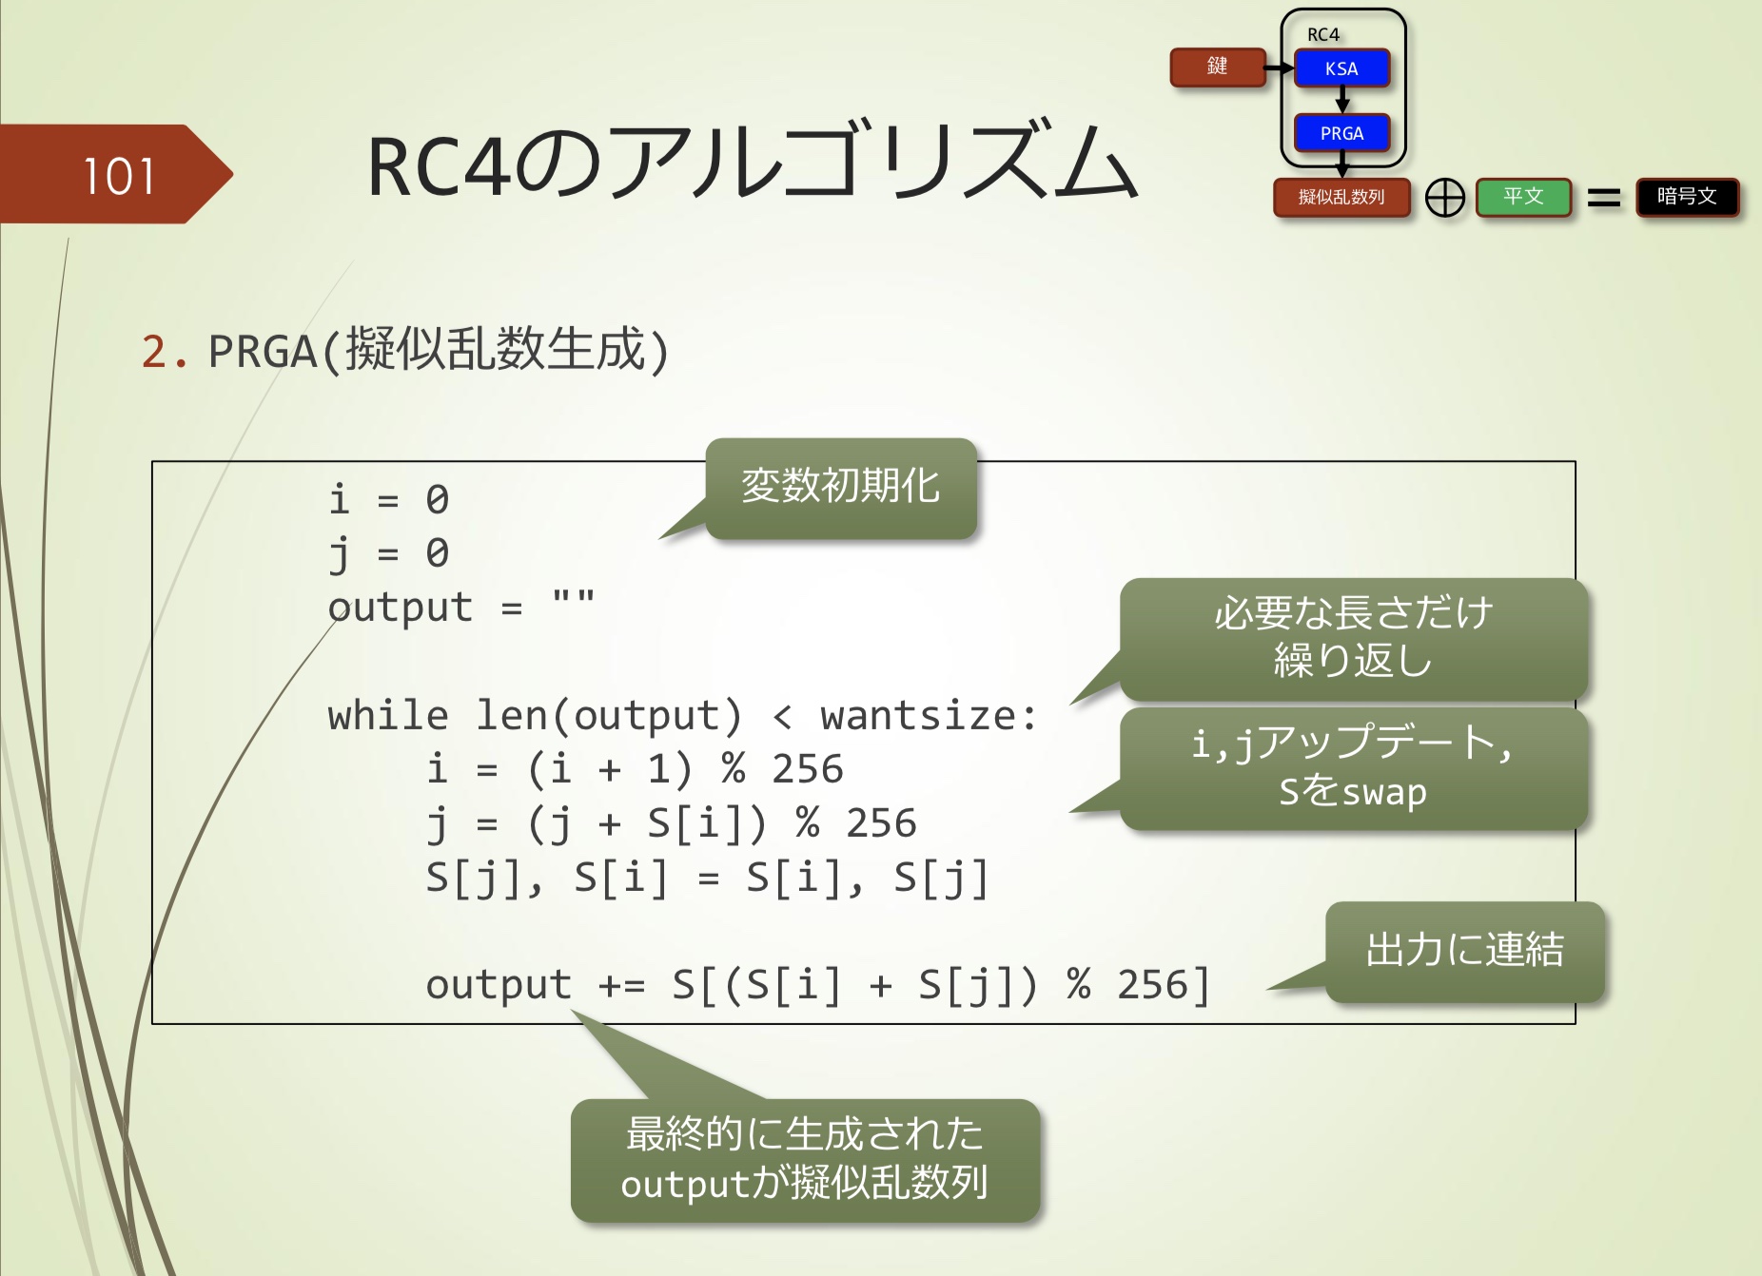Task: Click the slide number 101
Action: pyautogui.click(x=119, y=177)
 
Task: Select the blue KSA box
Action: pyautogui.click(x=1341, y=68)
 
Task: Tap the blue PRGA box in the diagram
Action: pyautogui.click(x=1341, y=133)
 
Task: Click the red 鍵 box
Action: pyautogui.click(x=1217, y=67)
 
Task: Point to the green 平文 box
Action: pyautogui.click(x=1523, y=197)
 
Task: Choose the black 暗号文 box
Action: pyautogui.click(x=1687, y=197)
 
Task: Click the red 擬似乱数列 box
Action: pyautogui.click(x=1341, y=197)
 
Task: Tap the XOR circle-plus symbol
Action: pyautogui.click(x=1445, y=198)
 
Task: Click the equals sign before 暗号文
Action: pyautogui.click(x=1604, y=198)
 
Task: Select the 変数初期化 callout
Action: pyautogui.click(x=841, y=487)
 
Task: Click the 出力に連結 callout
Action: pyautogui.click(x=1464, y=950)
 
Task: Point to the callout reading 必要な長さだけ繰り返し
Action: pyautogui.click(x=1353, y=637)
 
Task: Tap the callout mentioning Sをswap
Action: pyautogui.click(x=1353, y=767)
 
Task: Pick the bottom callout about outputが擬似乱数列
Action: pyautogui.click(x=805, y=1159)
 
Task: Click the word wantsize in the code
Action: pyautogui.click(x=918, y=716)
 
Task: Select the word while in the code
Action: pyautogui.click(x=387, y=716)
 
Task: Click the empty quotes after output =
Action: pyautogui.click(x=574, y=599)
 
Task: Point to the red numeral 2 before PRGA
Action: pyautogui.click(x=154, y=352)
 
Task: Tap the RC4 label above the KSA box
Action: pyautogui.click(x=1322, y=34)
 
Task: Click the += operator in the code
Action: pyautogui.click(x=621, y=986)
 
